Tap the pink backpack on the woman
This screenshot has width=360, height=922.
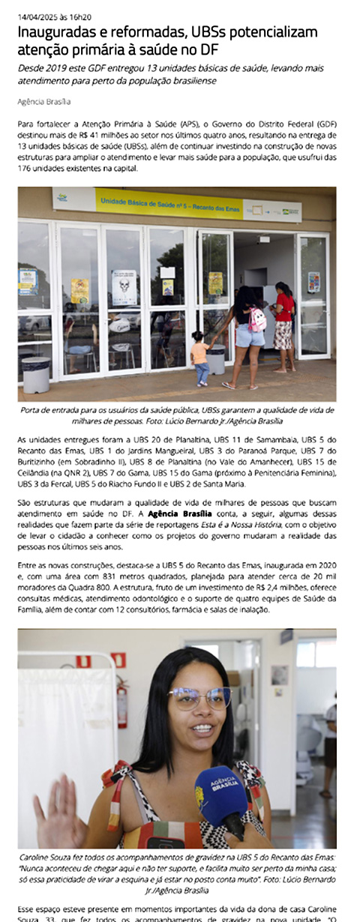(257, 319)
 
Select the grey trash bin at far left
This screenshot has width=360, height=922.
(36, 374)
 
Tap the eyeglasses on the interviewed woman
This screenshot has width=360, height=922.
(199, 698)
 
